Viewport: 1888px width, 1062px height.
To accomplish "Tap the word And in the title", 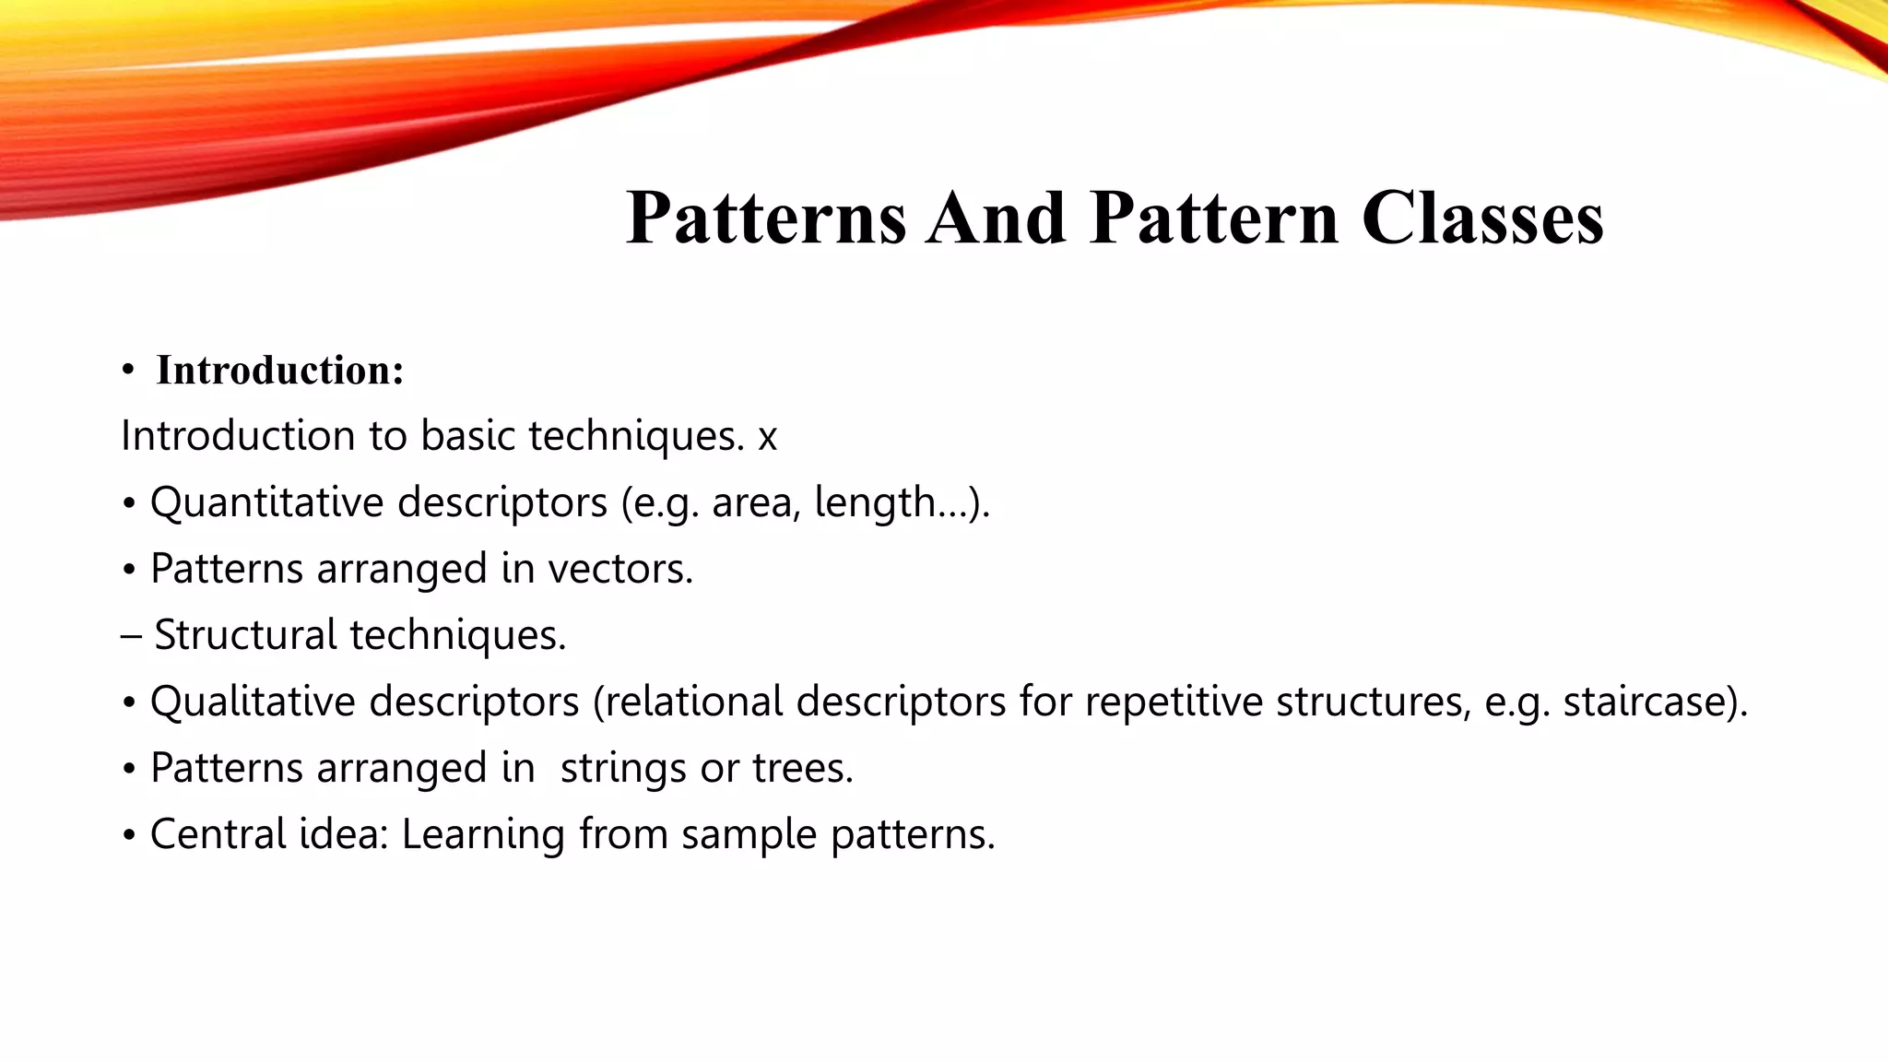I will point(996,218).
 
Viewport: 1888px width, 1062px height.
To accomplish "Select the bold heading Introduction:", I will point(280,371).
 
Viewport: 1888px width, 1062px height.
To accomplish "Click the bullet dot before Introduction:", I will point(128,372).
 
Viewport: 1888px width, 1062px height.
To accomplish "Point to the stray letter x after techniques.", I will point(767,437).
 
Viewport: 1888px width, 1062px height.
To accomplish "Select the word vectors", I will point(619,570).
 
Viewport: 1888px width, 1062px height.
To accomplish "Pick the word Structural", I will point(245,636).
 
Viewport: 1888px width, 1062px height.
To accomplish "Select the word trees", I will point(802,769).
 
